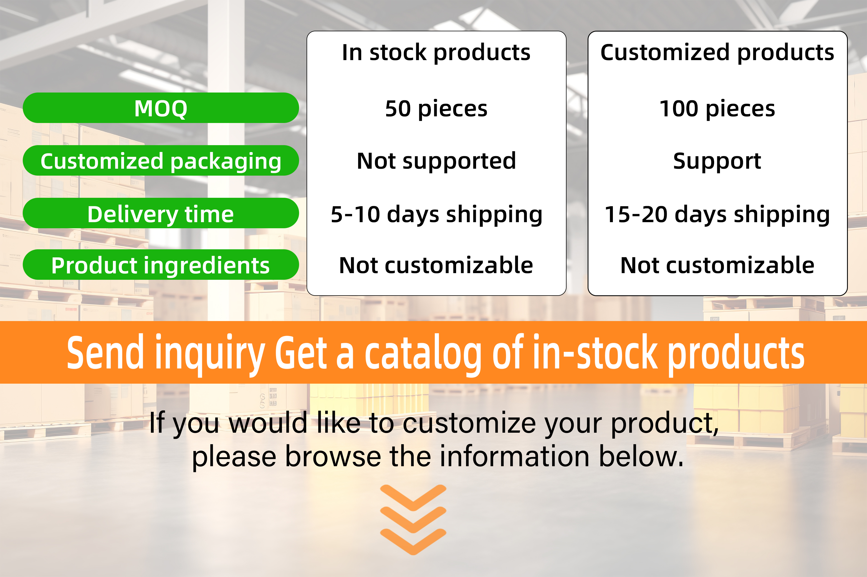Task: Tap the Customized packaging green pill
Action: (161, 161)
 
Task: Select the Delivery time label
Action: (161, 213)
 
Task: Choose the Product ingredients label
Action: (161, 265)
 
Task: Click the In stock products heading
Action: (436, 52)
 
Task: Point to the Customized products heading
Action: (717, 52)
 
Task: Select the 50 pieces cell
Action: (436, 109)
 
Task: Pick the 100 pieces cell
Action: (717, 109)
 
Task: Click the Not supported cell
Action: (436, 161)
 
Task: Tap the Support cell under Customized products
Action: (717, 161)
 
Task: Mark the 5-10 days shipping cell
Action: (436, 214)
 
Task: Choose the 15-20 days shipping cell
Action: (717, 214)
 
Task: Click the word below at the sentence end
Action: (641, 456)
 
